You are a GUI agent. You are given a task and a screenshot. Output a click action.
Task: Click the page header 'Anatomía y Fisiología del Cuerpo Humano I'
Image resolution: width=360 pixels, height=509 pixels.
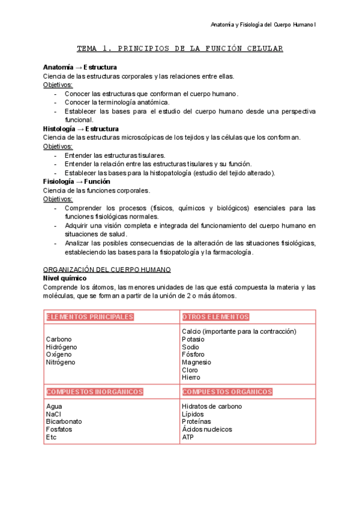(267, 25)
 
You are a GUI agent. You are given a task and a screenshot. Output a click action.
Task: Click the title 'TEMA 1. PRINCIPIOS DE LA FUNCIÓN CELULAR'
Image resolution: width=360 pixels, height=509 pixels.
(180, 48)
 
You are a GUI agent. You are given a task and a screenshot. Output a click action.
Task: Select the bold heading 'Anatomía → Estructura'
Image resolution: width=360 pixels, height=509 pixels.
(80, 67)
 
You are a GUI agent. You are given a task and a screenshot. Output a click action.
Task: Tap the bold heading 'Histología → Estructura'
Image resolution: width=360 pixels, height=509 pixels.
(81, 129)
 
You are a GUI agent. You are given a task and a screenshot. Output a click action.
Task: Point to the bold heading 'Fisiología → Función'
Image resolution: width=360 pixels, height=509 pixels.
(77, 182)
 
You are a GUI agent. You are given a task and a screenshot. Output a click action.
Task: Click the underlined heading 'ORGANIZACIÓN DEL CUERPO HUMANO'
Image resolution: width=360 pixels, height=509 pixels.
(107, 270)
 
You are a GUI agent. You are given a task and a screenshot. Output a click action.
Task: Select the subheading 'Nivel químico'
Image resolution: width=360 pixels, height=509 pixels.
(65, 279)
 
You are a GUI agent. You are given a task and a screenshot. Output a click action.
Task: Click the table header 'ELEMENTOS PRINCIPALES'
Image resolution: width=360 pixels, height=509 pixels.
(90, 317)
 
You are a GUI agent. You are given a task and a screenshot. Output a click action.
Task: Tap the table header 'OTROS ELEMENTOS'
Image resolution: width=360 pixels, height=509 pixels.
(215, 317)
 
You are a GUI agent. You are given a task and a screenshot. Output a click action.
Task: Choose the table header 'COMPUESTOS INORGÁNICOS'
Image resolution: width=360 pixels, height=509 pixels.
(94, 392)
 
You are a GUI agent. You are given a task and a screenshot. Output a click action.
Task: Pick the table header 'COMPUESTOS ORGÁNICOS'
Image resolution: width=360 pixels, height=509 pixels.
(227, 392)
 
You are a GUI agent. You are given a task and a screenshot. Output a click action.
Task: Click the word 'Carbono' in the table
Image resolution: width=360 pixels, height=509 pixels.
(59, 339)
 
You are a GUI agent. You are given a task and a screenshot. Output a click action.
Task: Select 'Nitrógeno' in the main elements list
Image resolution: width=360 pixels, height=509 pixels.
(61, 363)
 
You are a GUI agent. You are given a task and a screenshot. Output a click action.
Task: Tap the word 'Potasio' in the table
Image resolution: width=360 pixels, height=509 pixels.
(194, 339)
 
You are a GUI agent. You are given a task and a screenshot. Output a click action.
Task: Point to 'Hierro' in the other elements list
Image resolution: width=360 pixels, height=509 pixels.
(191, 378)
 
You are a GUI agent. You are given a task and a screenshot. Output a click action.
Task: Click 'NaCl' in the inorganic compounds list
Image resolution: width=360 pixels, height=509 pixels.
(53, 414)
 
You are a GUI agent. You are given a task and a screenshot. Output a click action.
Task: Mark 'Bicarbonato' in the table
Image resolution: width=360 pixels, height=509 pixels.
(64, 422)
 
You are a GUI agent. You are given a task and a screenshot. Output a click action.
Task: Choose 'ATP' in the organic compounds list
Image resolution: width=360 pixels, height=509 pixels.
(188, 438)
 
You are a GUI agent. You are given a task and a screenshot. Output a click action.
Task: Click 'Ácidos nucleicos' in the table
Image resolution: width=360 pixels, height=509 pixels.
(206, 430)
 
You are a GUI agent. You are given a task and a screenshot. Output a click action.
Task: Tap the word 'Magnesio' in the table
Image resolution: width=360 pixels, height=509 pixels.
(196, 363)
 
